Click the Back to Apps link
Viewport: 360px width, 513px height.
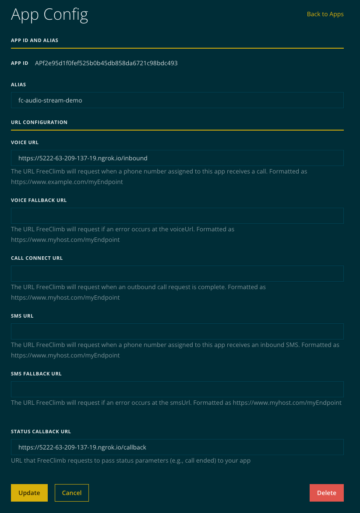325,14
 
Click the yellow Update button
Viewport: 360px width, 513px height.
29,493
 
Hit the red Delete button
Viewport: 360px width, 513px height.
326,493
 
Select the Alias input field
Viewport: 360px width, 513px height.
177,100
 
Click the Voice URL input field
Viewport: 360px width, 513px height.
177,158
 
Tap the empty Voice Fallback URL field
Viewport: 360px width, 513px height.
177,216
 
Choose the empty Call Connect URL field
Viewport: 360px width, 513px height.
177,273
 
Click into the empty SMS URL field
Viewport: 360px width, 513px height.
177,331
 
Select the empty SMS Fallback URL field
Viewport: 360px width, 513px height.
177,389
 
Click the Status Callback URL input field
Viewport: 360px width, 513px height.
177,447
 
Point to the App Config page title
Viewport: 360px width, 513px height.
49,15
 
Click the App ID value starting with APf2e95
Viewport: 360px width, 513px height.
106,63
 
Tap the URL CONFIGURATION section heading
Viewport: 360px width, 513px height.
39,122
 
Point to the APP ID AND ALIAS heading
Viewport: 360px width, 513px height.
35,40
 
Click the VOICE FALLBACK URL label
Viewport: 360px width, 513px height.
39,200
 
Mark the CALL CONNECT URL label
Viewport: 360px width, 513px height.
37,258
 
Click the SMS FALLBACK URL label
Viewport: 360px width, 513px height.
36,374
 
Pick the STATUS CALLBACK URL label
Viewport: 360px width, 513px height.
41,432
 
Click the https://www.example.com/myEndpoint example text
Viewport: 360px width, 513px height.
67,182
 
